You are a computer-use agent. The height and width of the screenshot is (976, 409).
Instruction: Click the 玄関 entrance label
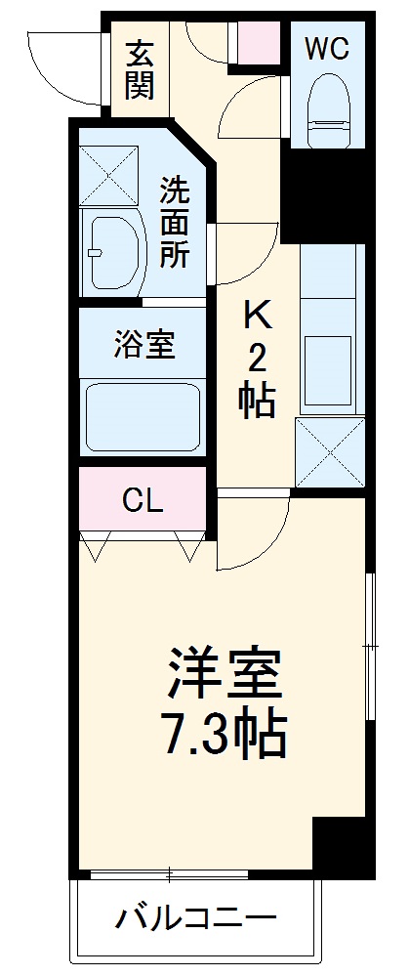coord(139,69)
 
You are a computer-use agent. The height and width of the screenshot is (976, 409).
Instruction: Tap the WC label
coord(326,48)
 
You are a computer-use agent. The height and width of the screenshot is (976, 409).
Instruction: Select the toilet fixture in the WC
coord(326,113)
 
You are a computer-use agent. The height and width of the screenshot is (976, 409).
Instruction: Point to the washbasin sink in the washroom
coord(114,251)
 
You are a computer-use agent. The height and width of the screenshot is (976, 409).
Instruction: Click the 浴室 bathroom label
coord(143,345)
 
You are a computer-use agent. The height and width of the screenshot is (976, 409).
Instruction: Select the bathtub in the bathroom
coord(143,416)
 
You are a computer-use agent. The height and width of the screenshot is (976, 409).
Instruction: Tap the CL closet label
coord(143,500)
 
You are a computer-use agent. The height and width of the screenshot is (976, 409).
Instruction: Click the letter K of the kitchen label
coord(257,316)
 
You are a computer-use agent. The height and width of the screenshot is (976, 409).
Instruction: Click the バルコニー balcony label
coord(196,917)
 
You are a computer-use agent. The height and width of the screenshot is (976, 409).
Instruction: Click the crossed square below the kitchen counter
coord(329,452)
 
